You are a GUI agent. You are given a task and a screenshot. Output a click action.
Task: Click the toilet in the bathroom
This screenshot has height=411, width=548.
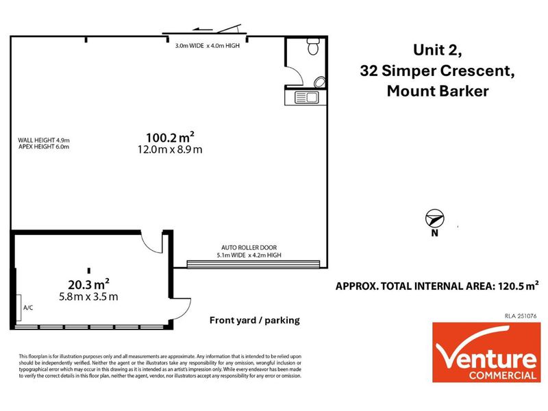(x=313, y=47)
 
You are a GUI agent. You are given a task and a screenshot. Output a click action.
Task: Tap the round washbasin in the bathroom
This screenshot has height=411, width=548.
(x=319, y=83)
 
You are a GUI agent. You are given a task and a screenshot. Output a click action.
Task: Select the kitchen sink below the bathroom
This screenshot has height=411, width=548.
(x=306, y=97)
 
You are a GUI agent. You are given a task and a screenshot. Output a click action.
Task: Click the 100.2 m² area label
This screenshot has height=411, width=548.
(x=170, y=137)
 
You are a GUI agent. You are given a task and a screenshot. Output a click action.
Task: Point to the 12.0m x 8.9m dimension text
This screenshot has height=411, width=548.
(x=170, y=149)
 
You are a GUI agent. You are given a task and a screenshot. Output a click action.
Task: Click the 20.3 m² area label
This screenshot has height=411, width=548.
(x=89, y=284)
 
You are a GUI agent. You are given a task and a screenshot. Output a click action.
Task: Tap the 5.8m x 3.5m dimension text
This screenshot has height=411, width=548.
(x=89, y=297)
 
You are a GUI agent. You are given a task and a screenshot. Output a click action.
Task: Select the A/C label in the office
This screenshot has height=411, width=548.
(x=28, y=308)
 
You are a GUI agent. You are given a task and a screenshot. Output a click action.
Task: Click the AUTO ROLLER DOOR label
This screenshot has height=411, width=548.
(x=249, y=247)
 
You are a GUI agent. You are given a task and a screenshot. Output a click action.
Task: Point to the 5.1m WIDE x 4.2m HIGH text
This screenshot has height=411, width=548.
(x=249, y=255)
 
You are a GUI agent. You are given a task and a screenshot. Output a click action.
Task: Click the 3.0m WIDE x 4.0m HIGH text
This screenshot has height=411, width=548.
(x=208, y=45)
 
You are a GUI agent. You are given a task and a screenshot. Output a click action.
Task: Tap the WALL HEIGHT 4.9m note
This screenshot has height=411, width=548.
(x=44, y=140)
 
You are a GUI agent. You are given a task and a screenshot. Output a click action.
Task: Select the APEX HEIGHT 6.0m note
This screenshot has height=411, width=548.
(x=44, y=147)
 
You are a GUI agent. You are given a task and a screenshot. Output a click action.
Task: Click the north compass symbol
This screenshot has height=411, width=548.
(x=434, y=219)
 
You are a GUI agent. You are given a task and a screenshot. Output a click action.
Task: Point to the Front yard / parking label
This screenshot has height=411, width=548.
(x=255, y=320)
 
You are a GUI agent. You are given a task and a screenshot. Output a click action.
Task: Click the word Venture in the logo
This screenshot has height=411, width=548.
(x=486, y=356)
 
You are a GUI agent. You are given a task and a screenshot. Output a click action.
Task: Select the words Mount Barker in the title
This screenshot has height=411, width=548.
(x=438, y=91)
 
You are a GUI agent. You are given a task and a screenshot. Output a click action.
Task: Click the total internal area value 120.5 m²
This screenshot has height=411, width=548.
(x=519, y=286)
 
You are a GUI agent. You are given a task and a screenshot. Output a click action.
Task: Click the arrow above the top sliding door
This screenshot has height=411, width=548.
(x=203, y=29)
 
